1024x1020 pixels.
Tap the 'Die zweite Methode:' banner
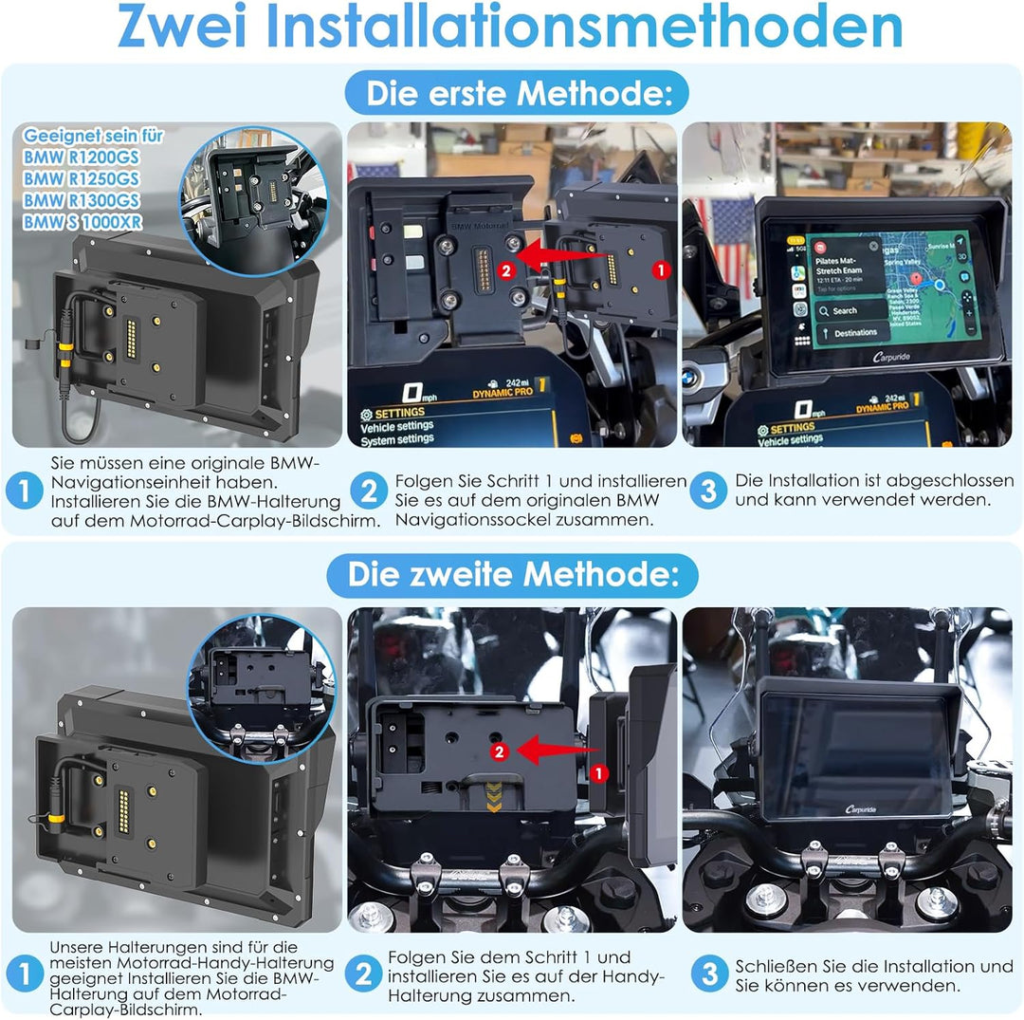(x=512, y=575)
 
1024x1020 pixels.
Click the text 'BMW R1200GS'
(x=82, y=157)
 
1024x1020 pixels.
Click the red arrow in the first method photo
(x=569, y=256)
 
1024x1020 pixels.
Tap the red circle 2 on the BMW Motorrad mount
(x=506, y=269)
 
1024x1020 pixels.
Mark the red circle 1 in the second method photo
(x=598, y=773)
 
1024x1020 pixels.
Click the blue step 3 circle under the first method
(x=707, y=491)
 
